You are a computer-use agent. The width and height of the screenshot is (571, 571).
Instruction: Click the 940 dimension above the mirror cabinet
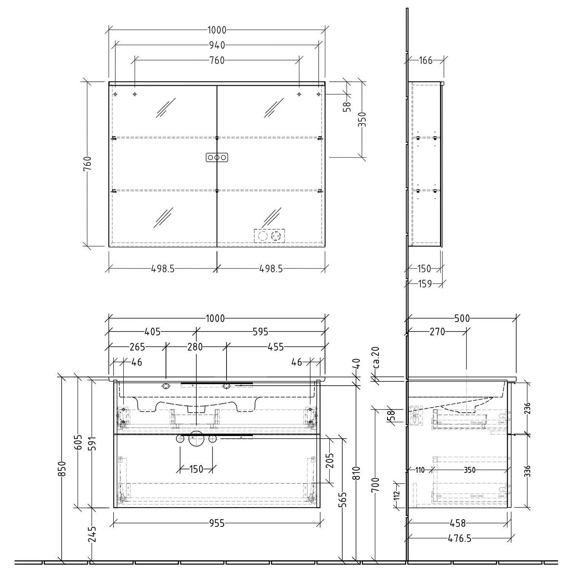coord(217,45)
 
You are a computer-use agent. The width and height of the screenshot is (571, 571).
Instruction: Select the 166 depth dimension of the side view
coord(426,60)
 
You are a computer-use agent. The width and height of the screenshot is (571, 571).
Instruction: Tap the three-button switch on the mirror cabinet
coord(217,157)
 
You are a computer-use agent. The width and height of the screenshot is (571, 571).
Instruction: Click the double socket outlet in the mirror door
coord(269,236)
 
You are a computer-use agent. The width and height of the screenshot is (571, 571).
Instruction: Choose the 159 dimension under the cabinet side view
coord(424,284)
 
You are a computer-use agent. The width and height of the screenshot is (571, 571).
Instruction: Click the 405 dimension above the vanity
coord(152,332)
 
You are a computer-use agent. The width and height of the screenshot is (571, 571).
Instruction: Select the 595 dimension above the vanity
coord(261,332)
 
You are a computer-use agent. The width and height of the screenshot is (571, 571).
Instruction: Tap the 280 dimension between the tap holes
coord(195,347)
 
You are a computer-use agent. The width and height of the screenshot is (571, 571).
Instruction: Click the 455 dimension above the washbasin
coord(276,347)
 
